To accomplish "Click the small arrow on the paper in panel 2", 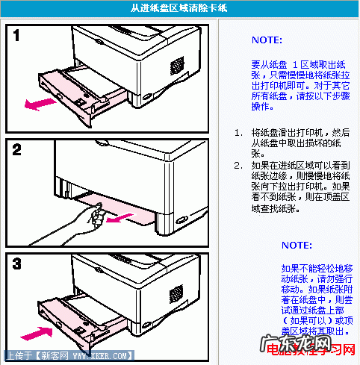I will point(115,219).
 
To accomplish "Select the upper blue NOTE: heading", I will point(267,40).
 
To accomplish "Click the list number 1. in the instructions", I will point(238,132).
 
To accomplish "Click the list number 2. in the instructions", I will point(238,165).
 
